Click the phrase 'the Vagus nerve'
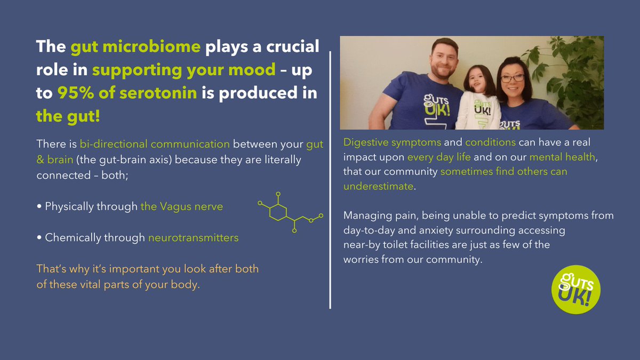pyautogui.click(x=182, y=206)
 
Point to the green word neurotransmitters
pyautogui.click(x=193, y=237)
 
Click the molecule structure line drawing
pyautogui.click(x=288, y=212)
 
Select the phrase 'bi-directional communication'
pyautogui.click(x=155, y=144)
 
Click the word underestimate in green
pyautogui.click(x=378, y=187)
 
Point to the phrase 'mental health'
pyautogui.click(x=557, y=157)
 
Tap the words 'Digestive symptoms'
pyautogui.click(x=393, y=143)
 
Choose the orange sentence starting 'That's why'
pyautogui.click(x=147, y=276)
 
